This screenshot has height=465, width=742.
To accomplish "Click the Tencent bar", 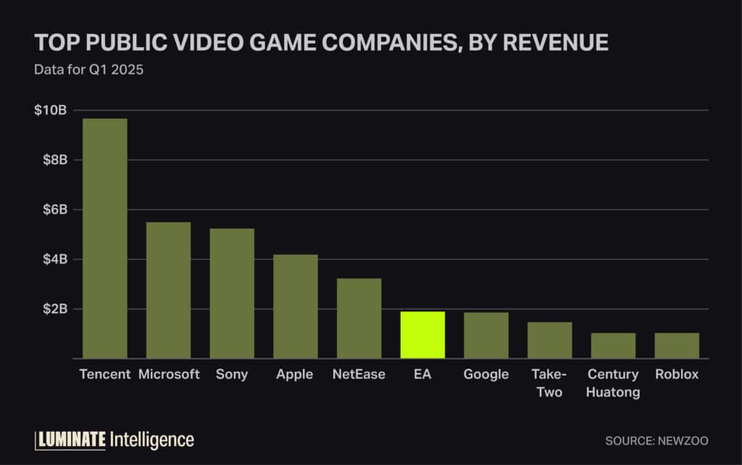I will tap(105, 238).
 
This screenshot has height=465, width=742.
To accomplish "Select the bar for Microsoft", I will tap(168, 290).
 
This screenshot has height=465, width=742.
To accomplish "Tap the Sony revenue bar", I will tap(232, 293).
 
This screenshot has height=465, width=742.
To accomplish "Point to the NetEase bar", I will tap(359, 318).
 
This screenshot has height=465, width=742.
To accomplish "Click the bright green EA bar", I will tap(422, 335).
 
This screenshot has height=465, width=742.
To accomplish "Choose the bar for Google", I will tap(486, 335).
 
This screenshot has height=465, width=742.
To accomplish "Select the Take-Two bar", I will tap(549, 340).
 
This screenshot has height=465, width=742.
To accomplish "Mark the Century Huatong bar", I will tap(613, 345).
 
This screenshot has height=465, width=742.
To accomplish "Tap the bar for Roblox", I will tap(677, 345).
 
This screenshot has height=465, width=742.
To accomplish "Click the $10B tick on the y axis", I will tap(51, 111).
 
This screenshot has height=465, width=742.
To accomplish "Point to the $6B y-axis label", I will tap(54, 210).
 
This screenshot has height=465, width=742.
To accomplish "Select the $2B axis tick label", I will tap(54, 309).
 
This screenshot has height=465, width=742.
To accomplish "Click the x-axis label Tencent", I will tap(105, 375).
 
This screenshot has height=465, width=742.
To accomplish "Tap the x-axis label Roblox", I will tap(677, 375).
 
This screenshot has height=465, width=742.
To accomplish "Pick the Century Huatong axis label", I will tap(613, 384).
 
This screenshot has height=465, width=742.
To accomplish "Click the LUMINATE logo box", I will tap(70, 440).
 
